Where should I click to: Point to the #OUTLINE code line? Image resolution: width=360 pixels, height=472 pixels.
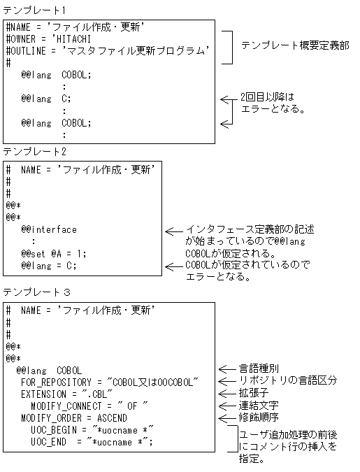109,50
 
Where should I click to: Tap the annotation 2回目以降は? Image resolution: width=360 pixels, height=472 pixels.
264,97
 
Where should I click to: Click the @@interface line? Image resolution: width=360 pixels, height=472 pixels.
49,229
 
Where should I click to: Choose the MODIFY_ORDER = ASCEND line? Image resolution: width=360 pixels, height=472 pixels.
73,417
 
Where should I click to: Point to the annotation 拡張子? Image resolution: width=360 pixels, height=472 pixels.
254,393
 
